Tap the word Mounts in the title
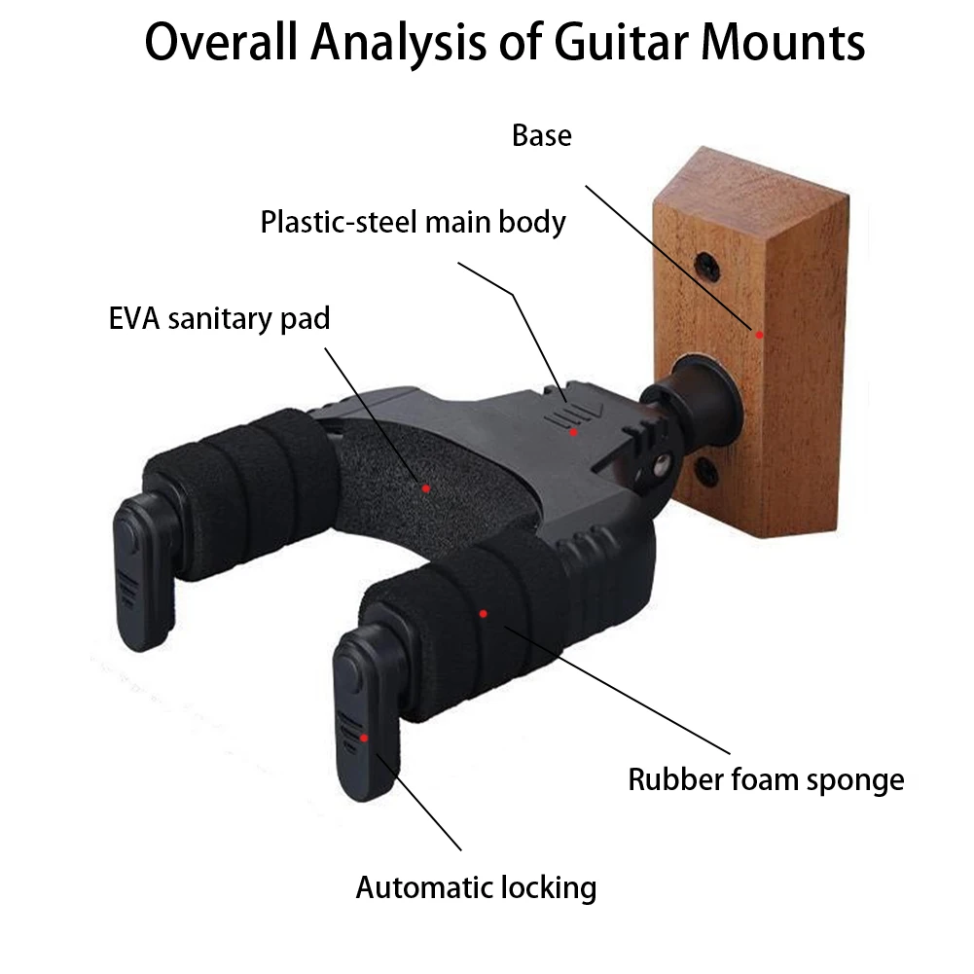point(783,42)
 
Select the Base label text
point(542,135)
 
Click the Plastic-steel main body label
point(413,222)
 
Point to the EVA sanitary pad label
point(220,318)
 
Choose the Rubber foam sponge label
point(766,778)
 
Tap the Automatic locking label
point(476,887)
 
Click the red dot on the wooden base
point(759,334)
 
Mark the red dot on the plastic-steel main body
point(574,431)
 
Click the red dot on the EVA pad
point(425,487)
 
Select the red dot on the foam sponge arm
point(483,613)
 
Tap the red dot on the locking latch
point(363,738)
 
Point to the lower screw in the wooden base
point(707,474)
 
